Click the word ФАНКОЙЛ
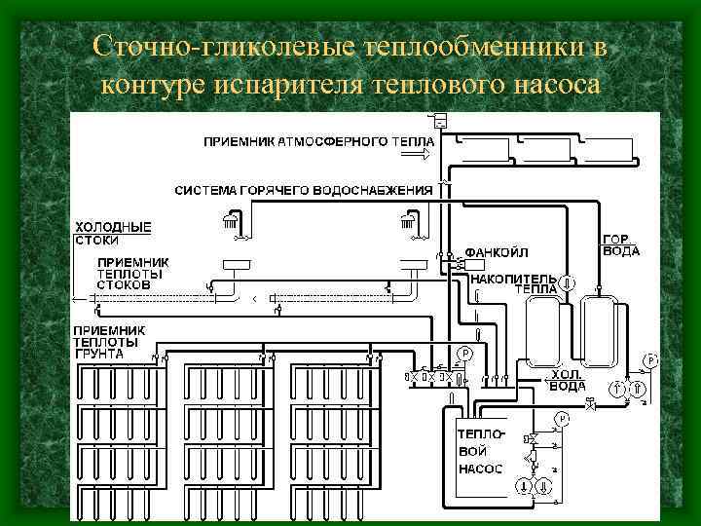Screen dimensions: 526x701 (497, 252)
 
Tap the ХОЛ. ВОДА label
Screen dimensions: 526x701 (568, 380)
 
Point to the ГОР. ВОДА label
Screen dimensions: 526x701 (621, 244)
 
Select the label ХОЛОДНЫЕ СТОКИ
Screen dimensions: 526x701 (113, 233)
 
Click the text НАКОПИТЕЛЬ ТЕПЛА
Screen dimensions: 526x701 (513, 283)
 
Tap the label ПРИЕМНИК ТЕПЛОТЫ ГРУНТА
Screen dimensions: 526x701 (110, 342)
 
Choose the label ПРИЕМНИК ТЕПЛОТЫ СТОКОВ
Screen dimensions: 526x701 (132, 274)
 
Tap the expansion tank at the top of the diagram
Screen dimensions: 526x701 (439, 121)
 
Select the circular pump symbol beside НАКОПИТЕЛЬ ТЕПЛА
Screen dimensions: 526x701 (568, 283)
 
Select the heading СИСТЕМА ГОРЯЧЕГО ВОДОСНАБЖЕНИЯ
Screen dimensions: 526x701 (303, 190)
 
